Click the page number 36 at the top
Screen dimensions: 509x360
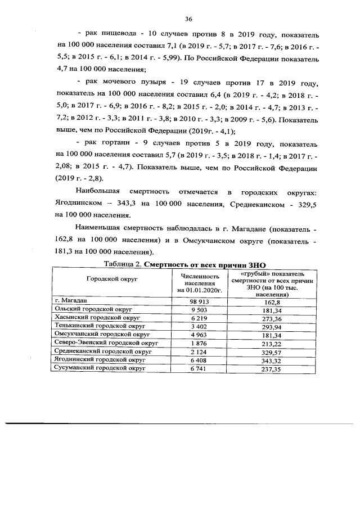181,19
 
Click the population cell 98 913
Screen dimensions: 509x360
199,301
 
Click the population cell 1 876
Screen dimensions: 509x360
199,343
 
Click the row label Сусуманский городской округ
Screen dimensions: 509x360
99,367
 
